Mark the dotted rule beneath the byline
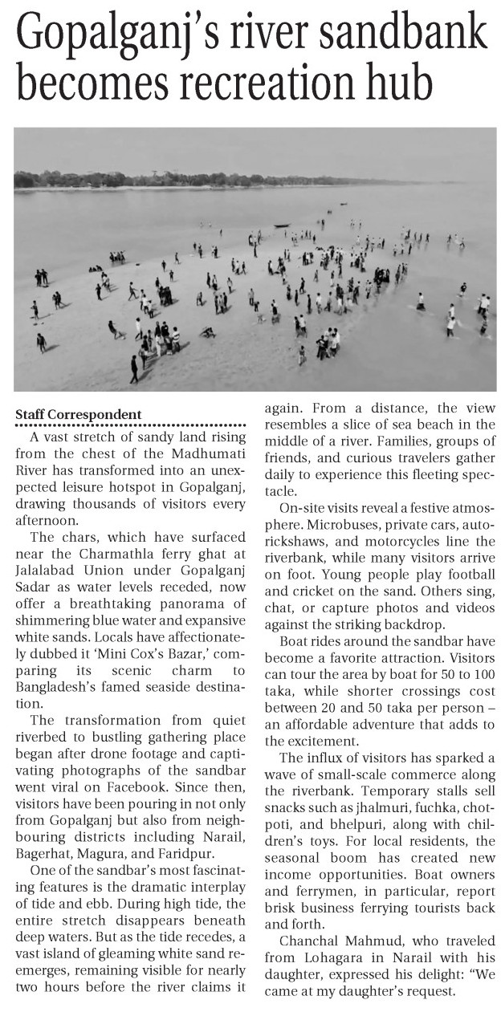coord(130,425)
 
